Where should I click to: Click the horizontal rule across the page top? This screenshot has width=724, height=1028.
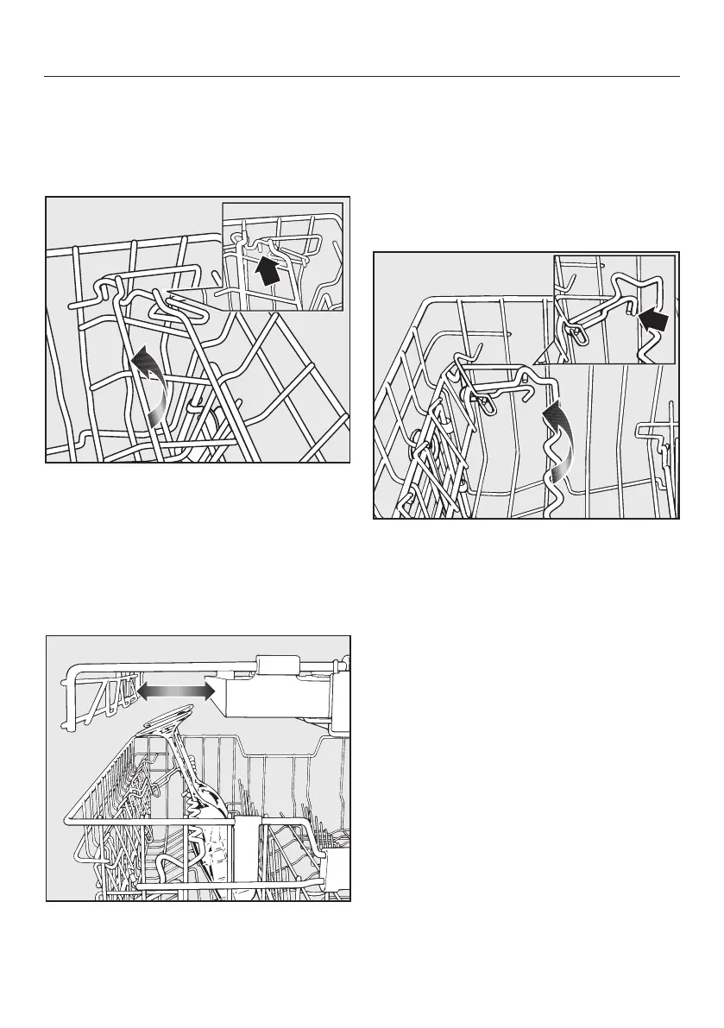(362, 76)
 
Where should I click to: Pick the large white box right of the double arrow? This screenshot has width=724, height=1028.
(278, 697)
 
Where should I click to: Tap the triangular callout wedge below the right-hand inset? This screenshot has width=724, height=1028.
(542, 355)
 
